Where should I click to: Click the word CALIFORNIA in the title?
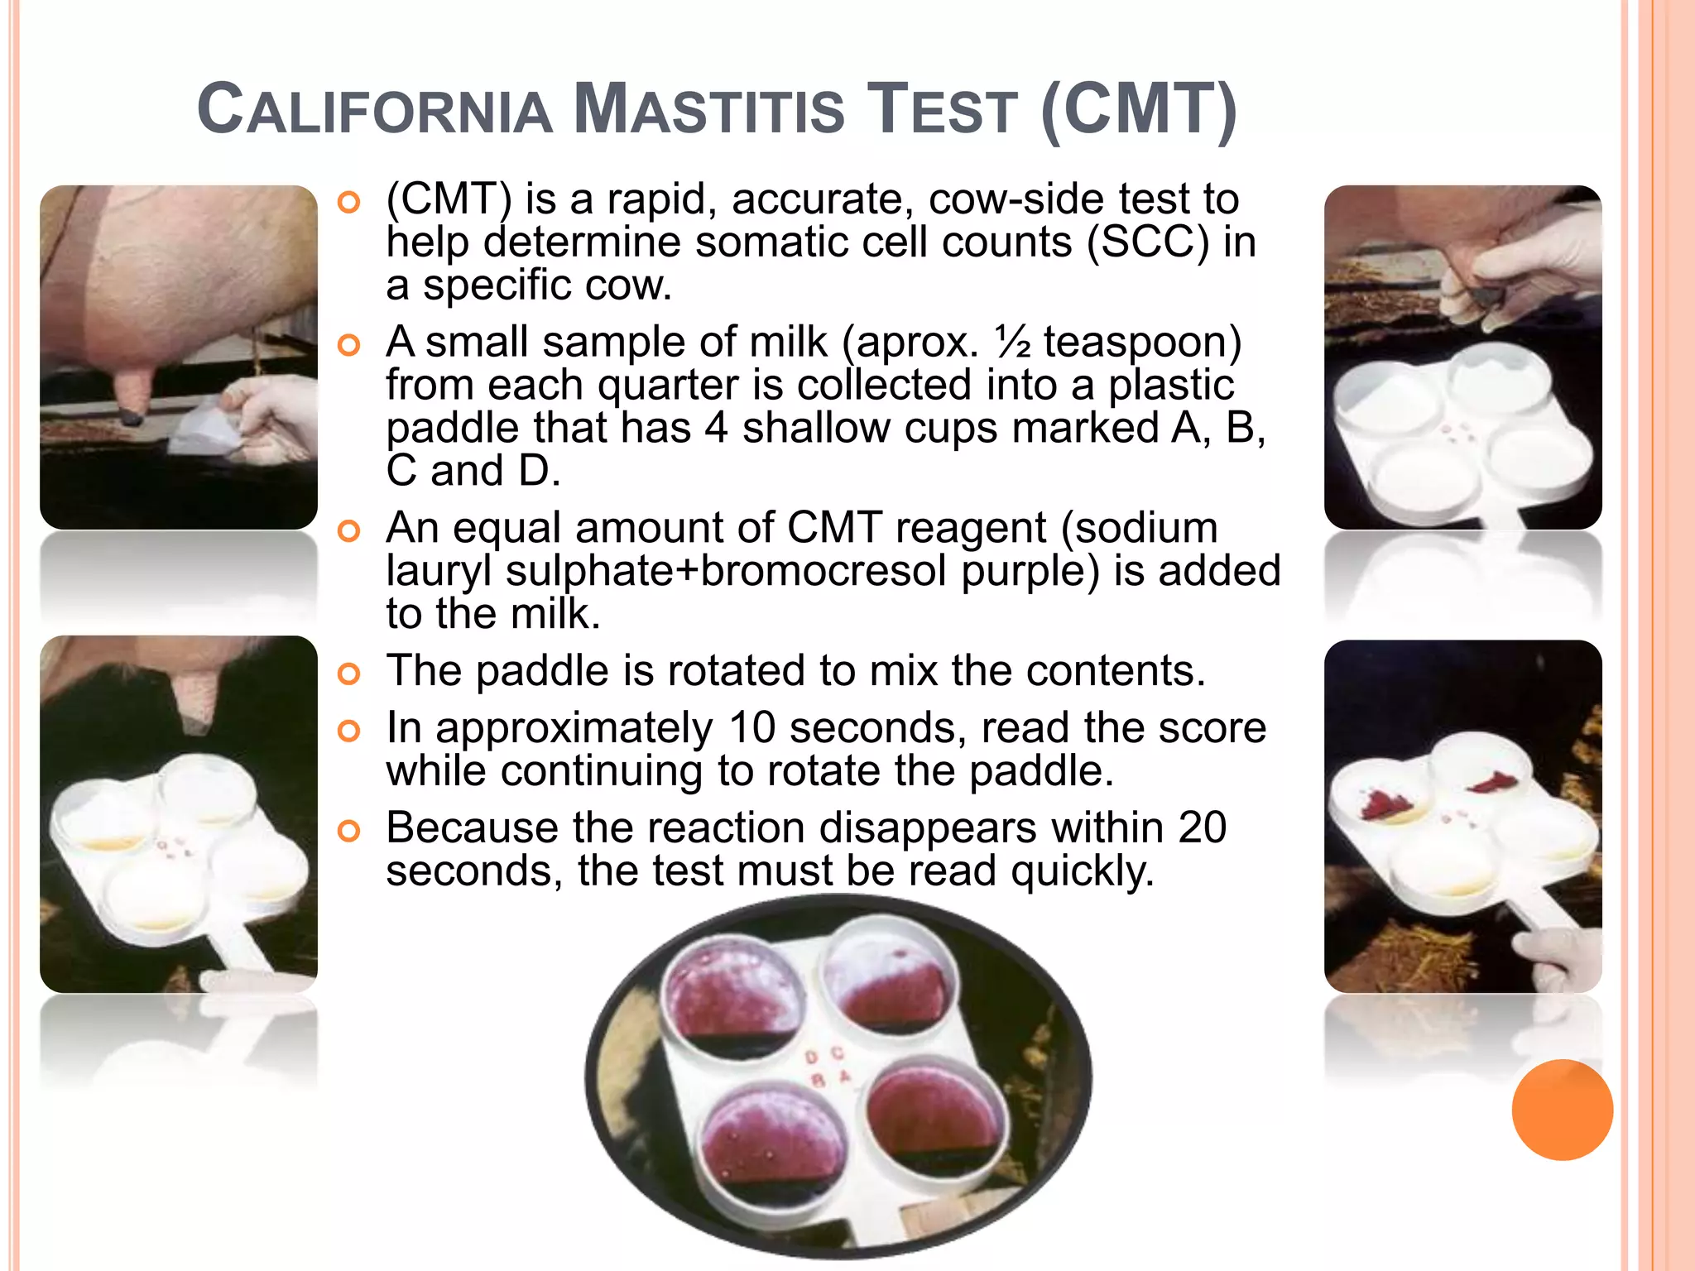coord(375,110)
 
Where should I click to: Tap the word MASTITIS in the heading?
coord(708,110)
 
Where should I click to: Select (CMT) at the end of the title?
coord(1138,110)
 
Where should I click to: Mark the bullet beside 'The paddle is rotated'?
coord(350,674)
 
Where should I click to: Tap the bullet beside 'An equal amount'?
coord(350,531)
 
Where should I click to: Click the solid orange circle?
coord(1562,1110)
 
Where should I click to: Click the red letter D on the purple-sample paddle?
coord(811,1058)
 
